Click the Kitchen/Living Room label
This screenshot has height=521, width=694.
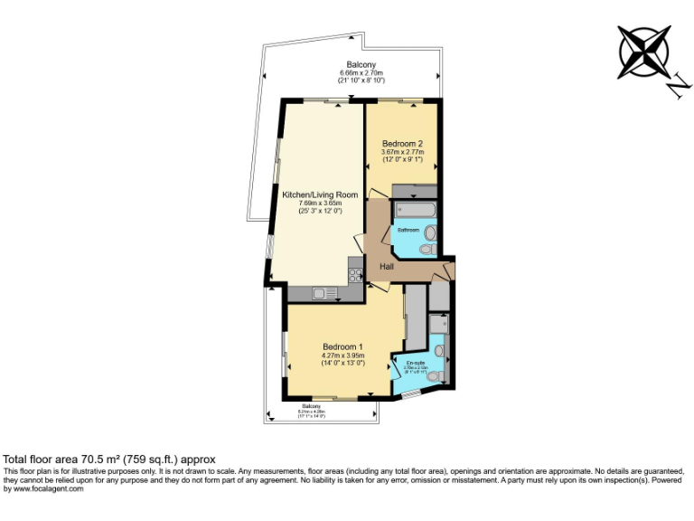pyautogui.click(x=320, y=194)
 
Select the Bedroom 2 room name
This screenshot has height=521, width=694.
pyautogui.click(x=402, y=144)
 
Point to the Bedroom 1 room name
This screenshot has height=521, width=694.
pyautogui.click(x=342, y=346)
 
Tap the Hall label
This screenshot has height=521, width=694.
pyautogui.click(x=387, y=267)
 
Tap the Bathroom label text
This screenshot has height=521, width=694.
pyautogui.click(x=409, y=231)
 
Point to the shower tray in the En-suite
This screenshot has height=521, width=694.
pyautogui.click(x=439, y=323)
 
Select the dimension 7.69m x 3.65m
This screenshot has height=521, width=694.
pyautogui.click(x=320, y=204)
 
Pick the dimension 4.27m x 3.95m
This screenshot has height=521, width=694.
pyautogui.click(x=342, y=355)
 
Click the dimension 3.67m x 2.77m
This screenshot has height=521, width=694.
pyautogui.click(x=402, y=152)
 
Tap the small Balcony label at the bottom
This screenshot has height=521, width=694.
pyautogui.click(x=324, y=406)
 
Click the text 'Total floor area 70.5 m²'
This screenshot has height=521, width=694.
pyautogui.click(x=68, y=459)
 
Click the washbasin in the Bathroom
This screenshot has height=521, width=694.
pyautogui.click(x=430, y=232)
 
